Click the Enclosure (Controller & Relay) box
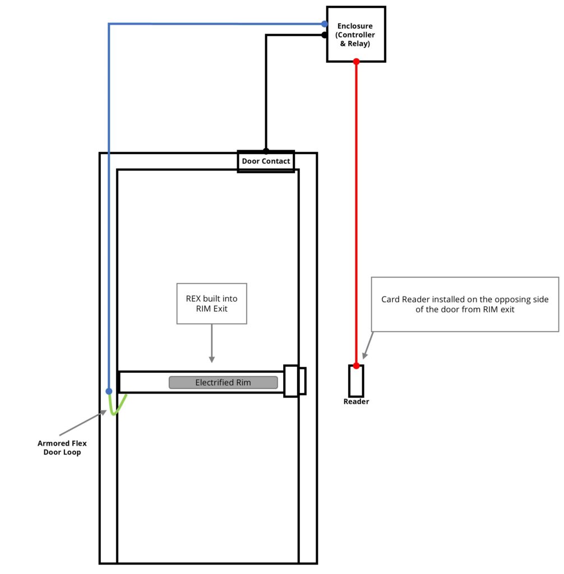[x=356, y=34]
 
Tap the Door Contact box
[x=266, y=161]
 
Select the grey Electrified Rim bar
[x=223, y=382]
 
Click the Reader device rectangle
[x=356, y=381]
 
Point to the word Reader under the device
[x=356, y=401]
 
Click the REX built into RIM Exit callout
[x=212, y=303]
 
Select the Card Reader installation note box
[x=465, y=304]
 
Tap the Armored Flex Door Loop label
[x=62, y=447]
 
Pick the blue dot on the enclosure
[x=325, y=24]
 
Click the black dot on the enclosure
[x=325, y=35]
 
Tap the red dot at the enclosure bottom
[x=357, y=62]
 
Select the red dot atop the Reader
[x=357, y=365]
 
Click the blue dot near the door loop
[x=109, y=391]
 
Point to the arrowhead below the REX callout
[x=212, y=359]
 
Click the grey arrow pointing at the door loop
[x=83, y=423]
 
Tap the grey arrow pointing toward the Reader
[x=368, y=345]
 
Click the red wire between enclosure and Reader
[x=357, y=214]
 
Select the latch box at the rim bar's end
[x=295, y=381]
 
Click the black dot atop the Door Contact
[x=266, y=150]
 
